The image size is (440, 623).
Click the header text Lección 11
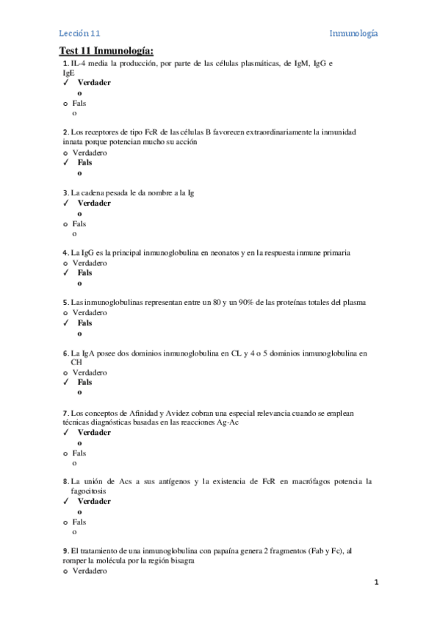(x=79, y=34)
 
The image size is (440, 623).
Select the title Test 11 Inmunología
(x=107, y=51)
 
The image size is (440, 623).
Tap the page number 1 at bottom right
(x=375, y=583)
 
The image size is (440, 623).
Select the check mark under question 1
(x=66, y=83)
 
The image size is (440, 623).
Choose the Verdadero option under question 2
(x=90, y=153)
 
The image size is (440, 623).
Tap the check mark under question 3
(x=66, y=204)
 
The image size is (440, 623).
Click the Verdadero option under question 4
(x=90, y=262)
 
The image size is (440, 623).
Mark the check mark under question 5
(x=66, y=323)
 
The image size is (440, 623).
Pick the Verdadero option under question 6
(x=90, y=372)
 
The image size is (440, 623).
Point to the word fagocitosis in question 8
(x=88, y=491)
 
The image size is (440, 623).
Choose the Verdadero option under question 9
(x=90, y=571)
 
